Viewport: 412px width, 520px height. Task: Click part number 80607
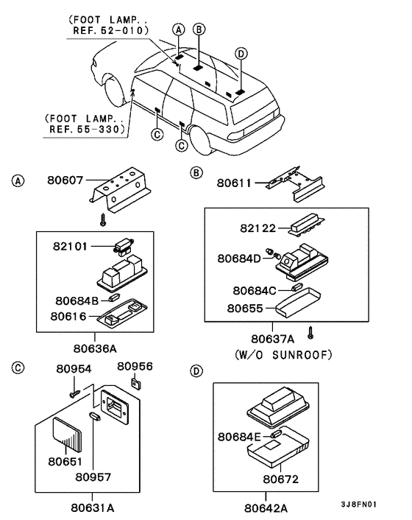point(65,180)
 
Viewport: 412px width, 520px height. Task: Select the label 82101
point(70,246)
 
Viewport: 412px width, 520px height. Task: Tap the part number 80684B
point(77,301)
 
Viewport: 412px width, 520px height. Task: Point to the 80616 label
point(68,317)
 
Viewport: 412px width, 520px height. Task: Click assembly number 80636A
point(95,348)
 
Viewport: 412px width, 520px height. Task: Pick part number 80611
point(234,183)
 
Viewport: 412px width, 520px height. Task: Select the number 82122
point(258,228)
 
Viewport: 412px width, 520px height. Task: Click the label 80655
point(245,309)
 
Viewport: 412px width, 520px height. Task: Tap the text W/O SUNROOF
point(283,355)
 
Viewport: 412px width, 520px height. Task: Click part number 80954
point(74,369)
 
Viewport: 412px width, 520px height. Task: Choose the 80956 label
point(135,366)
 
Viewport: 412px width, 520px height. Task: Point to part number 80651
point(65,461)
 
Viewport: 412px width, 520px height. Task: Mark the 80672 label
point(281,479)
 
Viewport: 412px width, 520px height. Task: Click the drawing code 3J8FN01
point(359,505)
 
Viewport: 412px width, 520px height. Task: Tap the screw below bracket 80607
point(103,219)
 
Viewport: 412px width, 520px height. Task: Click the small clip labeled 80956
point(136,383)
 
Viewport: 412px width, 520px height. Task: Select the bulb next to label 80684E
point(276,434)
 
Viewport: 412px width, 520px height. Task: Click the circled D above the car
point(241,53)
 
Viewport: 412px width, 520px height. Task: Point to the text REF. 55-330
point(87,129)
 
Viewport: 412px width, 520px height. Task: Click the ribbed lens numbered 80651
point(67,435)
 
